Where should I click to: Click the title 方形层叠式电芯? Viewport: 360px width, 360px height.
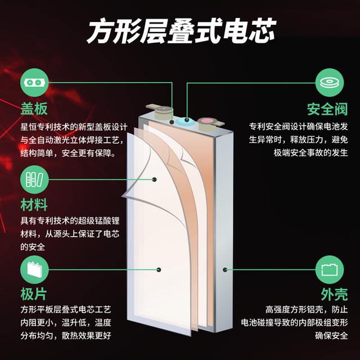[x=181, y=31]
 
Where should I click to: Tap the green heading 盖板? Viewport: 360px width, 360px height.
[x=34, y=109]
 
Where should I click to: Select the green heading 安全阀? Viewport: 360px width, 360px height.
[x=327, y=109]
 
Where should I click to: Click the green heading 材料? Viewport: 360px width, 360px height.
[x=34, y=205]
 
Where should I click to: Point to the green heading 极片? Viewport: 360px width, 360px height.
[x=34, y=294]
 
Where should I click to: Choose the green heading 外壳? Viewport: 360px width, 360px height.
[x=334, y=294]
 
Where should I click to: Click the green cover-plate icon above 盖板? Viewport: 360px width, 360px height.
[x=34, y=83]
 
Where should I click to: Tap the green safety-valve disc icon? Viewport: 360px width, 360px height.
[x=330, y=83]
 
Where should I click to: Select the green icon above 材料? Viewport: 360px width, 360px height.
[x=34, y=179]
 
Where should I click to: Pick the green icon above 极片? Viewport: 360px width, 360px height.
[x=34, y=269]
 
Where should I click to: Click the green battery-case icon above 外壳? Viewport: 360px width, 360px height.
[x=330, y=269]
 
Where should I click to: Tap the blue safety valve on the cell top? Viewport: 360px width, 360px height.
[x=186, y=121]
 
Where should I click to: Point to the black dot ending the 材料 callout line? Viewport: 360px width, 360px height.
[x=154, y=179]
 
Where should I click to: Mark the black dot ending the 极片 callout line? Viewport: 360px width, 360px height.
[x=159, y=269]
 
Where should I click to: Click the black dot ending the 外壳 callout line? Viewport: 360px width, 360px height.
[x=225, y=269]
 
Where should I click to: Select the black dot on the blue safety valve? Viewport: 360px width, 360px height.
[x=187, y=120]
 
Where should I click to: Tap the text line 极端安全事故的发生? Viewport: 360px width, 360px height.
[x=310, y=152]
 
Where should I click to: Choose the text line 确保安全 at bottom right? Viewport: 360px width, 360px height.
[x=331, y=336]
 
